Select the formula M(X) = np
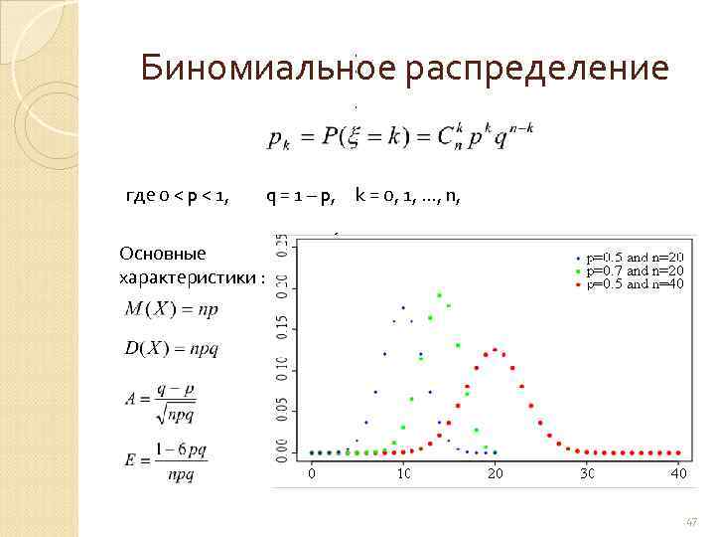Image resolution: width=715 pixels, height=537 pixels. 172,308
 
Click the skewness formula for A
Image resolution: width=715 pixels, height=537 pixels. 170,399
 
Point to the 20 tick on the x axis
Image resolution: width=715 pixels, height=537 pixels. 495,473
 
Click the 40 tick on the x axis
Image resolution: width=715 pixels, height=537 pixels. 678,473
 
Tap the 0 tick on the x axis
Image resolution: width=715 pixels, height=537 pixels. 312,473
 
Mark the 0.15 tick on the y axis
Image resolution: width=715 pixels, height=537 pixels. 282,325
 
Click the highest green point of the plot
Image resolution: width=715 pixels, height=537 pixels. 439,294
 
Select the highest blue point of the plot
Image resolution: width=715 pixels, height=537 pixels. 403,307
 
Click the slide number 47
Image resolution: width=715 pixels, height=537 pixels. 691,521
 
